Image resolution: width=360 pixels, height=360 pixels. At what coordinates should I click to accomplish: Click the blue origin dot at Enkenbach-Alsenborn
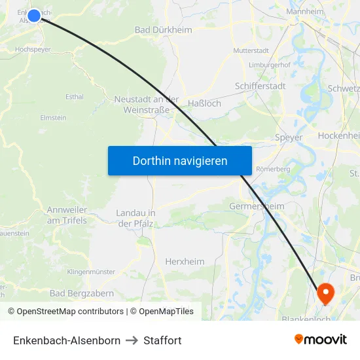(x=34, y=14)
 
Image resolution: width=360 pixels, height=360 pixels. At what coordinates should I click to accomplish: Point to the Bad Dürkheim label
(x=163, y=29)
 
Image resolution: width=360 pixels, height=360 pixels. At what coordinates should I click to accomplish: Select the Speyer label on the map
(x=289, y=137)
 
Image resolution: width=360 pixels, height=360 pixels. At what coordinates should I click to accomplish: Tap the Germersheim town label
(x=257, y=206)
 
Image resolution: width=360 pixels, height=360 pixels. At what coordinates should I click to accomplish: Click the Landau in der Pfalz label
(x=135, y=219)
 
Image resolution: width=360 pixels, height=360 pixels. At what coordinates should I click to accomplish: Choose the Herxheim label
(x=185, y=261)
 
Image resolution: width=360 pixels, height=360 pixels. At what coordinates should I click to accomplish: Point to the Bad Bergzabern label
(x=82, y=293)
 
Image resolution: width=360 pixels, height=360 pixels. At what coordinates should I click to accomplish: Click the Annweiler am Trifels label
(x=67, y=215)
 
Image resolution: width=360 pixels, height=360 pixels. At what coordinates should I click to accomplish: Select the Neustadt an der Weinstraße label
(x=147, y=104)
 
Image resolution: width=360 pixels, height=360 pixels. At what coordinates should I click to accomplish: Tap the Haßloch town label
(x=204, y=103)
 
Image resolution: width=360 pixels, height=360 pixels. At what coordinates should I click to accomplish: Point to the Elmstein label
(x=54, y=118)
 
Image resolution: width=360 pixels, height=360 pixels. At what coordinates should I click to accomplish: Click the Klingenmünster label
(x=91, y=272)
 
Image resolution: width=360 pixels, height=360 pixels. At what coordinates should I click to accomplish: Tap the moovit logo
(x=321, y=340)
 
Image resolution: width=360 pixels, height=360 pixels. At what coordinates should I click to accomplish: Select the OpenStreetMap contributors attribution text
(x=66, y=312)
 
